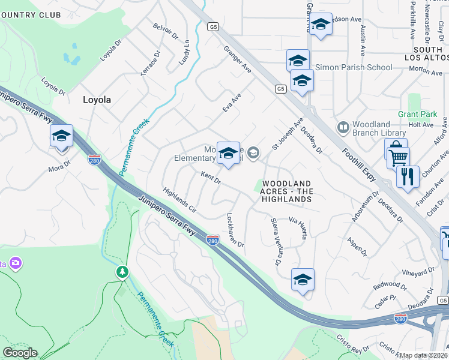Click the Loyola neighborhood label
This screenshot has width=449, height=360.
click(x=97, y=100)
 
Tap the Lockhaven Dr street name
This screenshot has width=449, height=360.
click(x=235, y=230)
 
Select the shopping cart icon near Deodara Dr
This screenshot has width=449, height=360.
click(x=398, y=158)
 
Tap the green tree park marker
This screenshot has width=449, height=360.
click(x=122, y=272)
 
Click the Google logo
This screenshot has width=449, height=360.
click(x=19, y=353)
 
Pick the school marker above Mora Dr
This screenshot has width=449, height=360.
click(x=61, y=136)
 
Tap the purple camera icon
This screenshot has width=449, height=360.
click(x=15, y=263)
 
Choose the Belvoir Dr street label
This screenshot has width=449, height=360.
click(x=166, y=31)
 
